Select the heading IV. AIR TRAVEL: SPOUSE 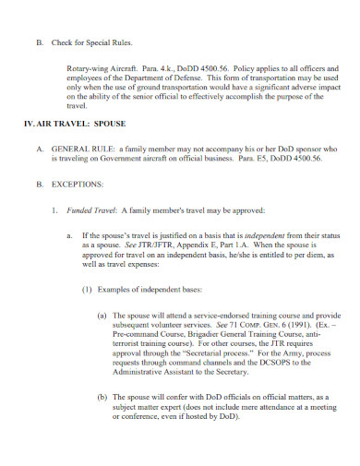[75, 123]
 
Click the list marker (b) [102, 396]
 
